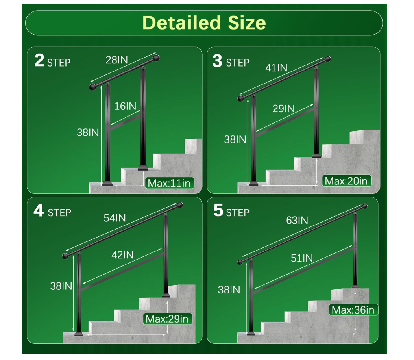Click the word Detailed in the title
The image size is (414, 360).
tap(181, 23)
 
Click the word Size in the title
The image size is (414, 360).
tap(247, 23)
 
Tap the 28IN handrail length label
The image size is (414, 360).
tap(117, 60)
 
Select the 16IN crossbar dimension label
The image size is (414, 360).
tap(125, 106)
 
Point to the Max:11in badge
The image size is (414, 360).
tap(170, 183)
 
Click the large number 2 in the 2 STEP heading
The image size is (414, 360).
tap(39, 60)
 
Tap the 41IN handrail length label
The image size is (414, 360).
tap(276, 68)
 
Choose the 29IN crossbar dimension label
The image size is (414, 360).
tap(283, 109)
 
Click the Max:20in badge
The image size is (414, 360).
tap(346, 181)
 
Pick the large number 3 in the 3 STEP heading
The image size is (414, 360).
tap(217, 61)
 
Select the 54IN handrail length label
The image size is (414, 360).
tap(115, 218)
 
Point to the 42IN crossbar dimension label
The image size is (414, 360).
tap(122, 255)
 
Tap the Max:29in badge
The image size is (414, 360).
tap(167, 319)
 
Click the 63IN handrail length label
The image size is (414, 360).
tap(297, 221)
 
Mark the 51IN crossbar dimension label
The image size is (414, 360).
tap(302, 258)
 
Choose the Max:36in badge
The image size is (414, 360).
tap(353, 310)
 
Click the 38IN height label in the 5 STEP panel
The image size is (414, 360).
tap(229, 290)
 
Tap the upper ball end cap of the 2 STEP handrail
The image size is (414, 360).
tap(156, 58)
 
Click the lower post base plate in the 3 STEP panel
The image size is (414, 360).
tap(253, 184)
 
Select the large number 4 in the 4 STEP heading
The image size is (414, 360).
tap(39, 210)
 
